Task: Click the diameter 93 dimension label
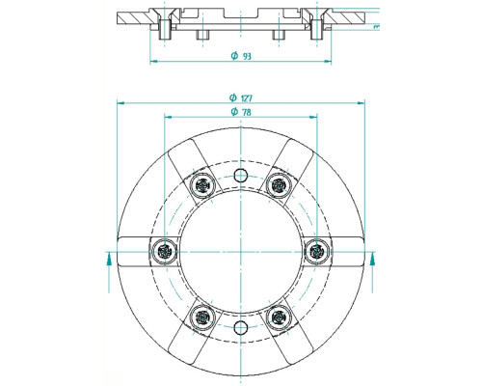(241, 56)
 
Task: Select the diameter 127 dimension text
(241, 97)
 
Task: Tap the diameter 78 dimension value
(241, 112)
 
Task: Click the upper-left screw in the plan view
(202, 185)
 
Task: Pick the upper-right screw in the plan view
(279, 185)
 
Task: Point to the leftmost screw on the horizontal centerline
(164, 251)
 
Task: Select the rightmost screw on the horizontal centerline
(317, 251)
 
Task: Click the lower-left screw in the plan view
(202, 317)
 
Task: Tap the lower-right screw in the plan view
(279, 317)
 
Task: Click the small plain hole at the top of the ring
(241, 176)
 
